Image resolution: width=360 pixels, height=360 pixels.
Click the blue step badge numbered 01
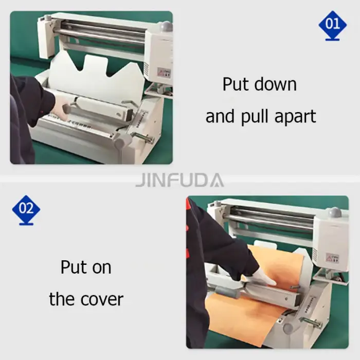[x=332, y=24]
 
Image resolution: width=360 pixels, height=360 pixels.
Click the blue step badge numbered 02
[x=26, y=209]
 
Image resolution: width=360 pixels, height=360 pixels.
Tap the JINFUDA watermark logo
[x=179, y=180]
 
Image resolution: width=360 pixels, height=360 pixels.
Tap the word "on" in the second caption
[x=100, y=267]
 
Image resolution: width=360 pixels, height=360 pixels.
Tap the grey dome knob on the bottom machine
[x=334, y=212]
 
